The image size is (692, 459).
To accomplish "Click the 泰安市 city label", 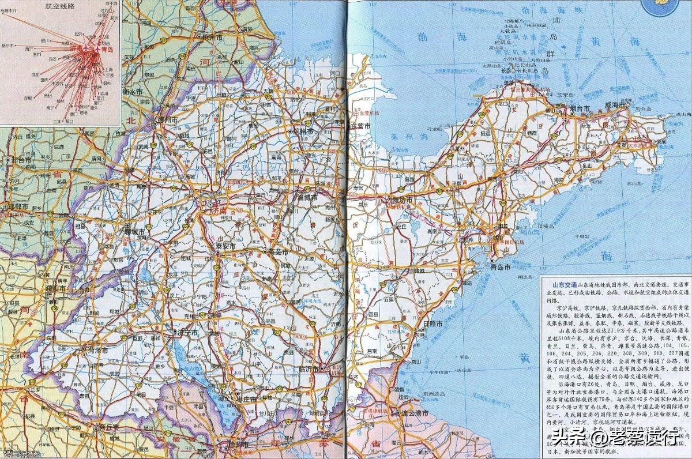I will [x=225, y=246].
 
